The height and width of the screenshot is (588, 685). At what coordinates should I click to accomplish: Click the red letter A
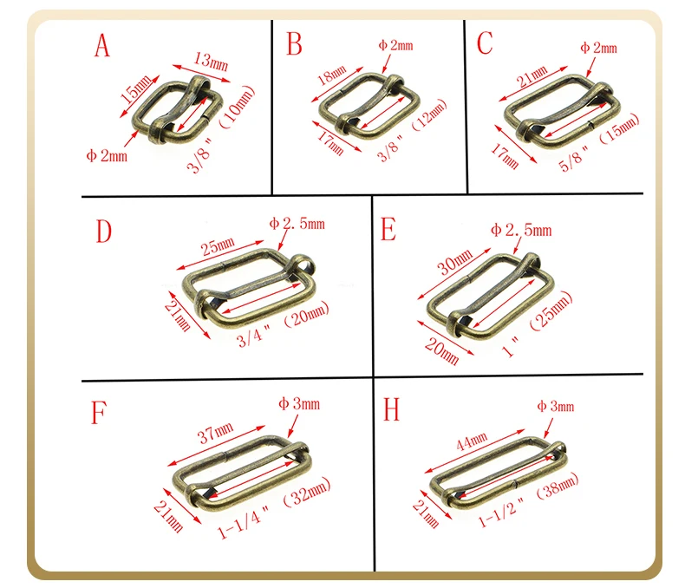pyautogui.click(x=101, y=45)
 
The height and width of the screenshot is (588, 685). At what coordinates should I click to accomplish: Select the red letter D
pyautogui.click(x=103, y=232)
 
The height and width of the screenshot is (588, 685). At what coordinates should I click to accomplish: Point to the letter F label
pyautogui.click(x=99, y=413)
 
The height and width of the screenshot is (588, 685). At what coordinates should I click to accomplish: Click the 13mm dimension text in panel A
pyautogui.click(x=211, y=62)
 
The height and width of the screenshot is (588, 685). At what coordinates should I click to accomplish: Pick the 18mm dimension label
pyautogui.click(x=332, y=75)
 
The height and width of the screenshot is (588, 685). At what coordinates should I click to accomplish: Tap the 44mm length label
pyautogui.click(x=472, y=441)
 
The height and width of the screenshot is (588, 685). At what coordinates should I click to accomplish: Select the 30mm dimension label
pyautogui.click(x=455, y=261)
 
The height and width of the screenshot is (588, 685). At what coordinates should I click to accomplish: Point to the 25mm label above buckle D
pyautogui.click(x=218, y=246)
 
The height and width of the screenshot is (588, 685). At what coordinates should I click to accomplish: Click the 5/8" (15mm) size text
pyautogui.click(x=598, y=142)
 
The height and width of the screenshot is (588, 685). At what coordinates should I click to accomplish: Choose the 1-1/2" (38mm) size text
pyautogui.click(x=528, y=500)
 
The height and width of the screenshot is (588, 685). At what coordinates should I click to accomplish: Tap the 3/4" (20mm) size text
pyautogui.click(x=283, y=324)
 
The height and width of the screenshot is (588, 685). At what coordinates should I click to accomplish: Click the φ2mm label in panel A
pyautogui.click(x=107, y=155)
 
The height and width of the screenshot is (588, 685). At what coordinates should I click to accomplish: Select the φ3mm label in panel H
pyautogui.click(x=555, y=406)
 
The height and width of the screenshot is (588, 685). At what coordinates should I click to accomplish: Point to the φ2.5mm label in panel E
pyautogui.click(x=521, y=230)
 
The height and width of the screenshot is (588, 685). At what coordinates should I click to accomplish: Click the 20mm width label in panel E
pyautogui.click(x=442, y=351)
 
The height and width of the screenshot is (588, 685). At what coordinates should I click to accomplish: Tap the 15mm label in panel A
pyautogui.click(x=137, y=88)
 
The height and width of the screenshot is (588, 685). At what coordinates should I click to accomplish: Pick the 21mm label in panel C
pyautogui.click(x=532, y=76)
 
